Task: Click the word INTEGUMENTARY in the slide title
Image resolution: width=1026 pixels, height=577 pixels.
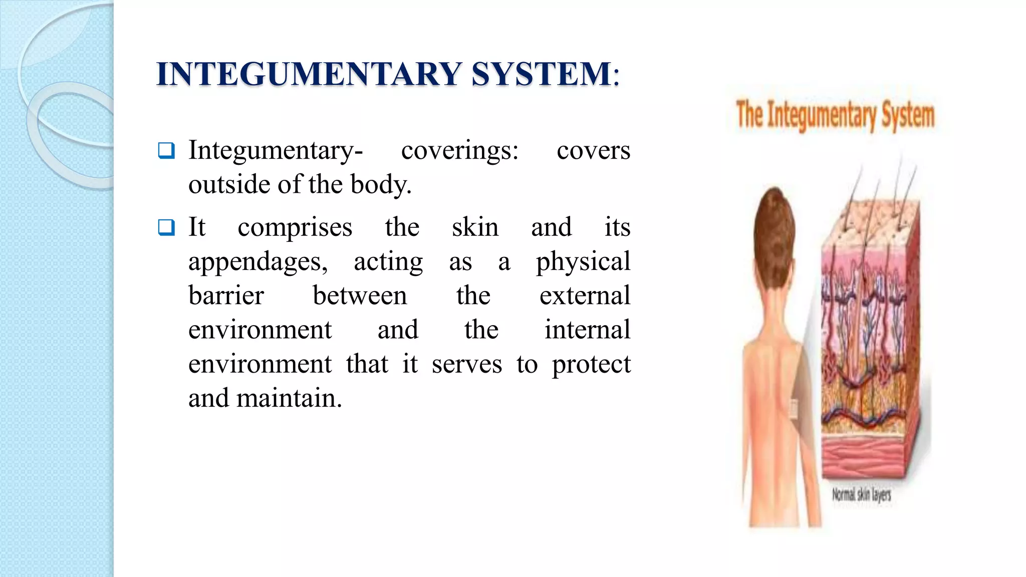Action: point(309,74)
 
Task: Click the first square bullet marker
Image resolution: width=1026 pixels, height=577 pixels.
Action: point(166,150)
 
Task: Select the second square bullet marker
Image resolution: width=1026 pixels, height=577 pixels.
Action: point(166,227)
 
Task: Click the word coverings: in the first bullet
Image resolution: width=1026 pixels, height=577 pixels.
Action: point(460,150)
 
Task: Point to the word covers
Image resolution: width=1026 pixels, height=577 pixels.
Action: point(593,150)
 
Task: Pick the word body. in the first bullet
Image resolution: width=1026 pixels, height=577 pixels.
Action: point(381,184)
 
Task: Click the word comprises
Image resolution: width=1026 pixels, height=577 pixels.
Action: point(295,227)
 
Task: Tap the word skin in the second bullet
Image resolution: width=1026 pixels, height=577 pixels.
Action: point(475,227)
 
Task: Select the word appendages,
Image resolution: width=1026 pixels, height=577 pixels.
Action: point(258,262)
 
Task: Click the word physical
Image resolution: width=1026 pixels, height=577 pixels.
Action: point(583,262)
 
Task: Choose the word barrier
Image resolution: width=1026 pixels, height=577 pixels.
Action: point(226,296)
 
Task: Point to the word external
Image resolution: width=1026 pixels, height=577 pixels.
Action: point(585,296)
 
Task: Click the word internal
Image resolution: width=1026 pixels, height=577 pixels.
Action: point(587,330)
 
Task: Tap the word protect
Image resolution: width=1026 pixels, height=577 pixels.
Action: point(591,364)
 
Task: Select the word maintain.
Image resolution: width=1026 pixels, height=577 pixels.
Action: point(289,398)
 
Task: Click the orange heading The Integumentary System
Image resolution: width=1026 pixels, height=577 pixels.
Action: point(835,115)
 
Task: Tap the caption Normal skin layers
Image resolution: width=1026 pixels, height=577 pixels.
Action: point(862,495)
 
